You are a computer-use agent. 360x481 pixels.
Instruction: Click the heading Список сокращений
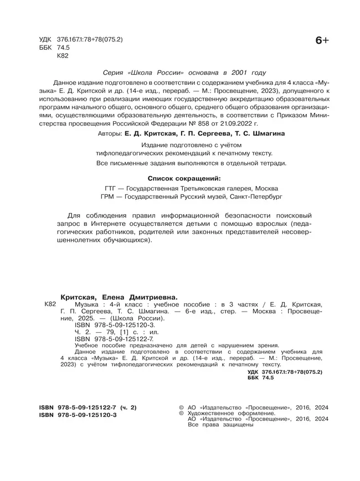[x=185, y=178]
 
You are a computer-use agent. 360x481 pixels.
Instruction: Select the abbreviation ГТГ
[x=111, y=188]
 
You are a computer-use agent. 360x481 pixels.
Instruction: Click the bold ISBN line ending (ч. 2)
[x=88, y=407]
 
